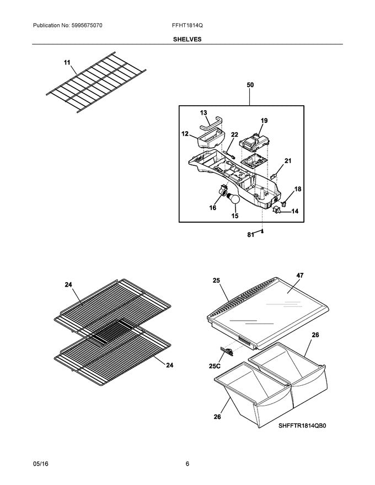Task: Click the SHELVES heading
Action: pos(187,40)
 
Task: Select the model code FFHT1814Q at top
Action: pos(187,26)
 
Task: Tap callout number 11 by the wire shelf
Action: pos(67,63)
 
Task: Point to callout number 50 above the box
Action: pos(250,85)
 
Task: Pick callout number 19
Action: pos(264,120)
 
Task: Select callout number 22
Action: pos(234,134)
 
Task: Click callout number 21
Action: pos(287,161)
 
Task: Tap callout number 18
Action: pos(298,189)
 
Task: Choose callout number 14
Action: pos(295,211)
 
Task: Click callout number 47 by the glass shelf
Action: pos(299,274)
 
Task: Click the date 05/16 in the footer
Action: pos(40,464)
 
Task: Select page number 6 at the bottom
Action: pos(187,464)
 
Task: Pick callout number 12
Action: pos(185,133)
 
